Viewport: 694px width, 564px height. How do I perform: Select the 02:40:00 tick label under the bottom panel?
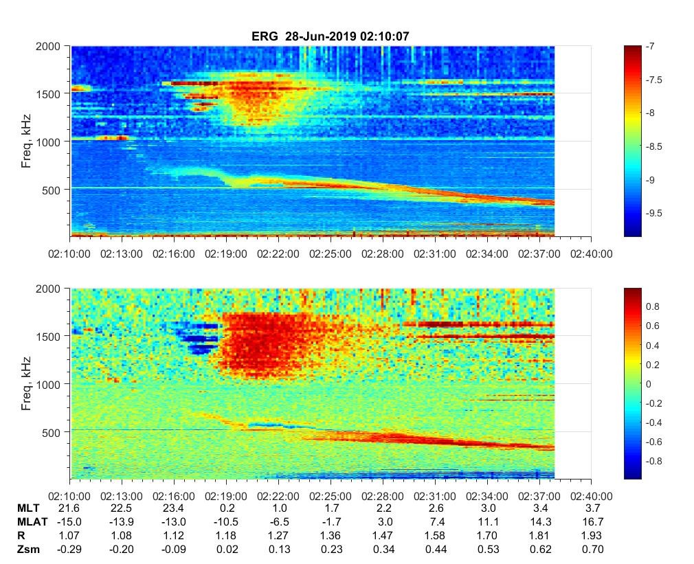[591, 495]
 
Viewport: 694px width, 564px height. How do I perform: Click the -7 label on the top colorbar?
[650, 46]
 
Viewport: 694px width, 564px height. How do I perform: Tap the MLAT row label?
[31, 521]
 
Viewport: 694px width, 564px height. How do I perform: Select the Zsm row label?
[28, 549]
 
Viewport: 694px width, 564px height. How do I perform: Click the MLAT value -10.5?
[225, 521]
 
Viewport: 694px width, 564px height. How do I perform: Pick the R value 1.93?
[591, 535]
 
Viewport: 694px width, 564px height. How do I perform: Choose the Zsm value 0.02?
[226, 549]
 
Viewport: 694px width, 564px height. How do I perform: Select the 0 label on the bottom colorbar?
[649, 383]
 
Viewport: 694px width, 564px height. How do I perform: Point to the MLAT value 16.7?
[591, 521]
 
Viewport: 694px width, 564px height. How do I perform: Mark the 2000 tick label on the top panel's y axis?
[52, 45]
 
